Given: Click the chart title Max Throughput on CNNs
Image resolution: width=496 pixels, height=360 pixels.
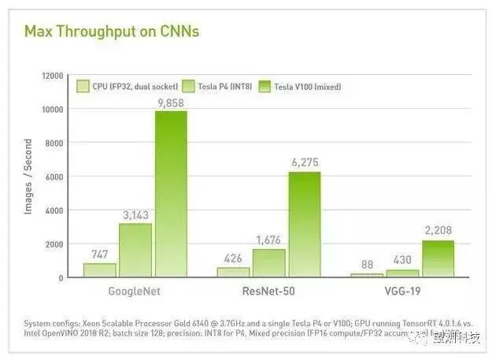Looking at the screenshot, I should click(111, 32).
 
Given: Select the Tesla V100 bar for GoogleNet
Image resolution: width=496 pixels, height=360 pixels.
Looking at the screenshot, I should click(171, 194).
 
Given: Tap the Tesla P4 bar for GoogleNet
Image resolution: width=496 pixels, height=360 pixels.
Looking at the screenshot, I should click(135, 250).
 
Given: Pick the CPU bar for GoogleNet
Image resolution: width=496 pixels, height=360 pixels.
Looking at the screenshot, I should click(100, 269).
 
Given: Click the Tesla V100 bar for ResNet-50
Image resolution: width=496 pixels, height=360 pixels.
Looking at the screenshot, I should click(305, 225).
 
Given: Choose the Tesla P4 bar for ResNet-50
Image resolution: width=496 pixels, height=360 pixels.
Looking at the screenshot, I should click(269, 262).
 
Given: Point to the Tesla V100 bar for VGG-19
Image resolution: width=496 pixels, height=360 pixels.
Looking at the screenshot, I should click(438, 258).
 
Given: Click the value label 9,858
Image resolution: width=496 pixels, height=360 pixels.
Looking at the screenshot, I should click(171, 102).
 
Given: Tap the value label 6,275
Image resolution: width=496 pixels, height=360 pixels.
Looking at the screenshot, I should click(305, 162).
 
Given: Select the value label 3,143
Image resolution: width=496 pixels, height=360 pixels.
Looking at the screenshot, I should click(135, 214).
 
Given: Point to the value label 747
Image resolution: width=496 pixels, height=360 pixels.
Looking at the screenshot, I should click(99, 254).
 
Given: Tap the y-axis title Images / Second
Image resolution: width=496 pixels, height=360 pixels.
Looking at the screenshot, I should click(28, 176).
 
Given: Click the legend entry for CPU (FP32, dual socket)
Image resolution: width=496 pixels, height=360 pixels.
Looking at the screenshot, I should click(126, 87).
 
